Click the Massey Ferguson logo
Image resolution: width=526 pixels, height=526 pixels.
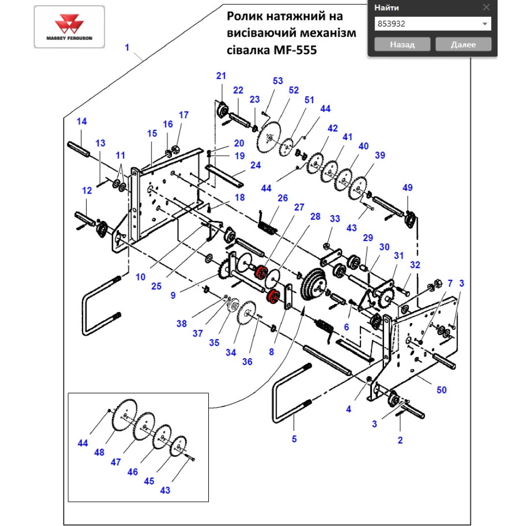click(x=68, y=27)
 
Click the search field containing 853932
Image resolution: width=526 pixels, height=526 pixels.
click(x=426, y=24)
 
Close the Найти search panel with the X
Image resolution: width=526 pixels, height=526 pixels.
click(x=486, y=7)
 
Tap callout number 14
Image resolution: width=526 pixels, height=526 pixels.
click(x=82, y=122)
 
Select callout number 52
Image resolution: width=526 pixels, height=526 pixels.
click(x=293, y=90)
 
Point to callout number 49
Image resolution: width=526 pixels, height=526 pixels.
click(x=408, y=188)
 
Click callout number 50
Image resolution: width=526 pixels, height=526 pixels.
click(x=441, y=390)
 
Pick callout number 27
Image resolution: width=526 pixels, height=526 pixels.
click(x=299, y=207)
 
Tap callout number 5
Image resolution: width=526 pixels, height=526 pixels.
click(x=294, y=438)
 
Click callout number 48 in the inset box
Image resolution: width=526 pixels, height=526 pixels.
click(x=99, y=452)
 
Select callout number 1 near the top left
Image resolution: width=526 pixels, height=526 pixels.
click(x=127, y=48)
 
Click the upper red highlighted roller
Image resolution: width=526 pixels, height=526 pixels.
click(x=259, y=273)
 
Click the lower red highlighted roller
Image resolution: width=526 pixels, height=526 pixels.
click(x=272, y=296)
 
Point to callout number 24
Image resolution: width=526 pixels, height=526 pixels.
click(x=255, y=165)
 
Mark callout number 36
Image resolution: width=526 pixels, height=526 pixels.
click(x=247, y=362)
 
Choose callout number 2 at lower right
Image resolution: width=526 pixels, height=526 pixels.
click(x=400, y=440)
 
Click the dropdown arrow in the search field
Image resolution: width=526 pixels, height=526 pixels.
click(x=484, y=24)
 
